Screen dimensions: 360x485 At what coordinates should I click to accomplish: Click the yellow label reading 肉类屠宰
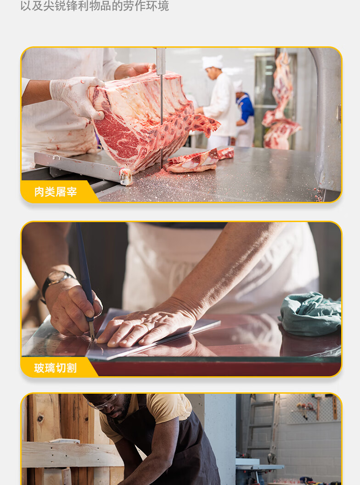[56, 192]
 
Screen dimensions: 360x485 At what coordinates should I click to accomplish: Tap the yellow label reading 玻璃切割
[56, 368]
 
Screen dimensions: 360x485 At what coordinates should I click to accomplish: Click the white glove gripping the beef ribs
[77, 96]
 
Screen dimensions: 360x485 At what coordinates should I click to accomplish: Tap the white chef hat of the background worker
[212, 62]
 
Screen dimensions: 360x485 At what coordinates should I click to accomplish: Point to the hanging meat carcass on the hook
[281, 104]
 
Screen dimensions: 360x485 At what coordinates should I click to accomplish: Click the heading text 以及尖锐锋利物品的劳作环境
[95, 6]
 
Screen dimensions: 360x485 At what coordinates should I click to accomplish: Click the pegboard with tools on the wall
[313, 408]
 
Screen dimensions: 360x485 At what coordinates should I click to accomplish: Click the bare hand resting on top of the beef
[134, 70]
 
